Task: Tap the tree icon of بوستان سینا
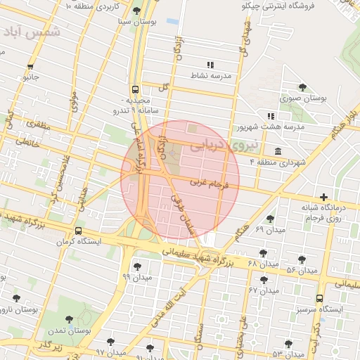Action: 136,11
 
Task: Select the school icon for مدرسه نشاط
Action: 210,65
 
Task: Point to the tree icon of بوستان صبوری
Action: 302,87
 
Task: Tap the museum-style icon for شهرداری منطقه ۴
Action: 278,151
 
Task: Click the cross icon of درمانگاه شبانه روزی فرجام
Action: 323,196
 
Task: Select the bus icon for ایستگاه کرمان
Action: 77,230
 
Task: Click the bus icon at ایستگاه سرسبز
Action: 321,298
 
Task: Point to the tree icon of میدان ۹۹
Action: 137,266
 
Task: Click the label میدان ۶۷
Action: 263,290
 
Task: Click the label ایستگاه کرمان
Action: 98,241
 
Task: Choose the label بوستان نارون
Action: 15,309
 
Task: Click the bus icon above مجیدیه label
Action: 134,90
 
